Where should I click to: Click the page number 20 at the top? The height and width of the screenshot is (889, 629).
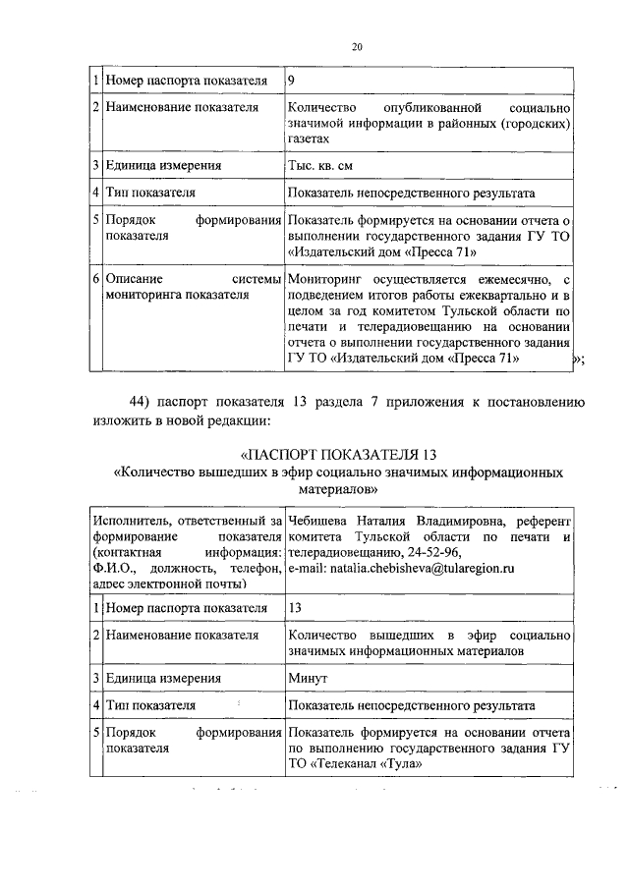[x=357, y=46]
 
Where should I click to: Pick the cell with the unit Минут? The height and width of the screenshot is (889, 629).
[x=309, y=678]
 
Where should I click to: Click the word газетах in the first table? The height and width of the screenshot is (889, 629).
[x=312, y=140]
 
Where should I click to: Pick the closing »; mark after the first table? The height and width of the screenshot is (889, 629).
[x=578, y=361]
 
